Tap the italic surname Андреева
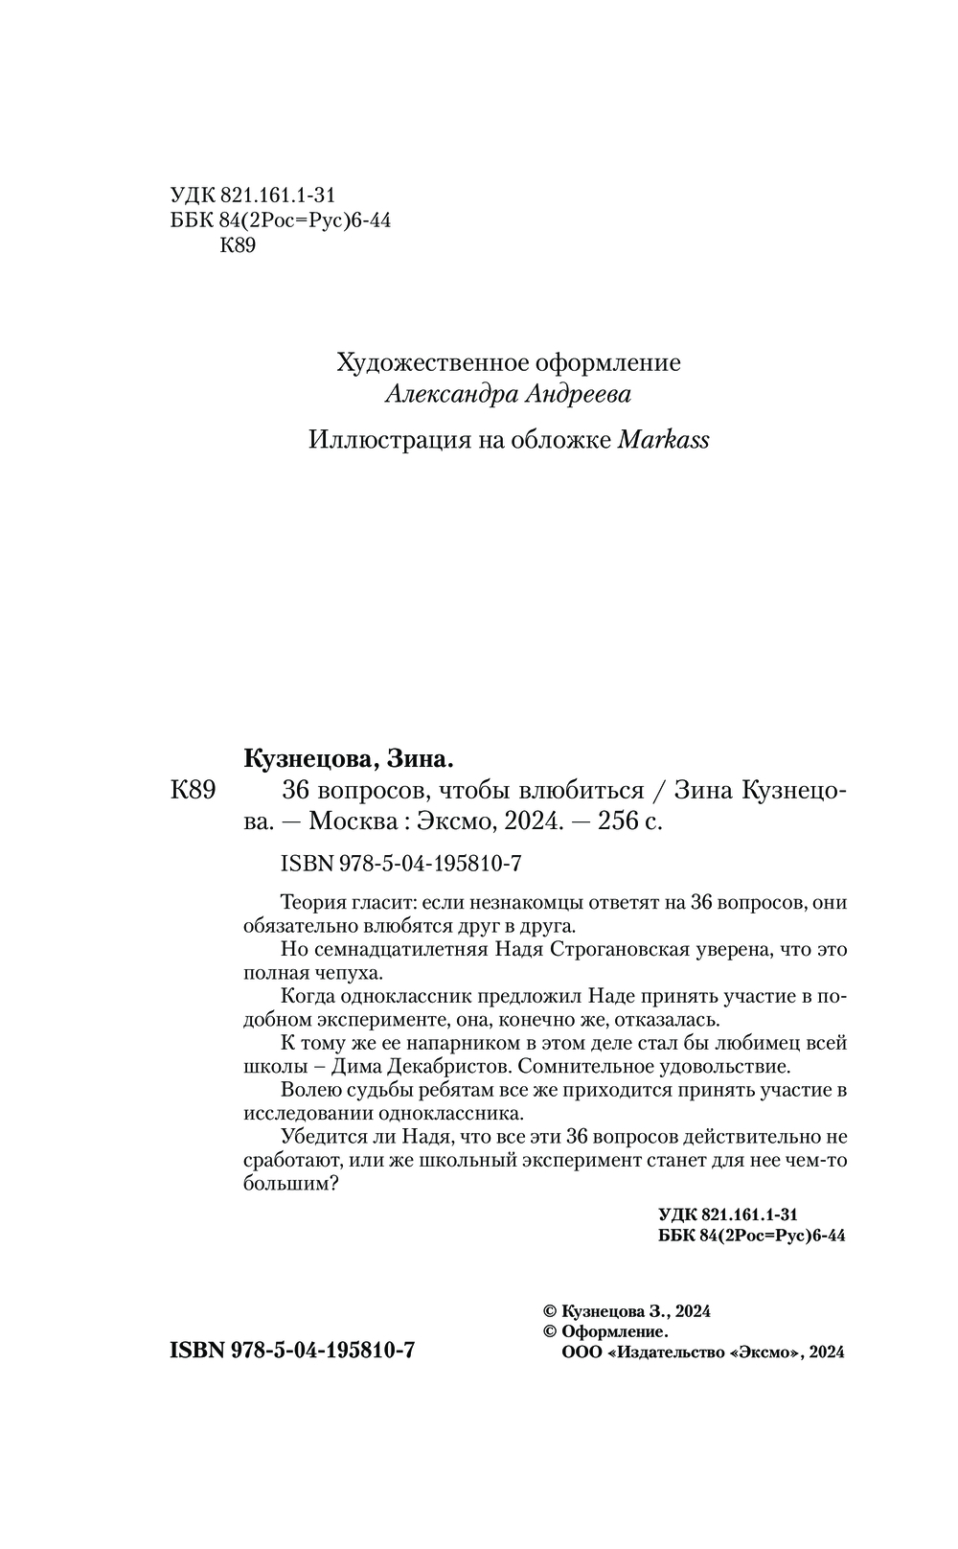click(x=580, y=394)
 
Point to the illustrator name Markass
click(x=664, y=440)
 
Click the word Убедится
click(x=325, y=1137)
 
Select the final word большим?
click(x=286, y=1184)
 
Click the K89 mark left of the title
click(x=195, y=791)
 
